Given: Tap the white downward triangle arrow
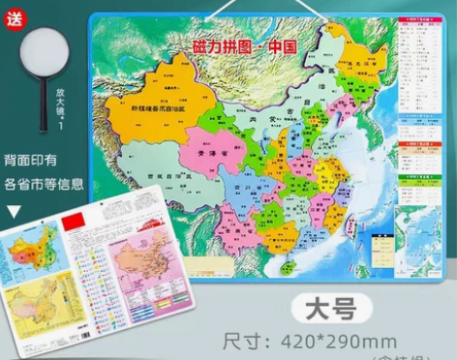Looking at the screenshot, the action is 14,206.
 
